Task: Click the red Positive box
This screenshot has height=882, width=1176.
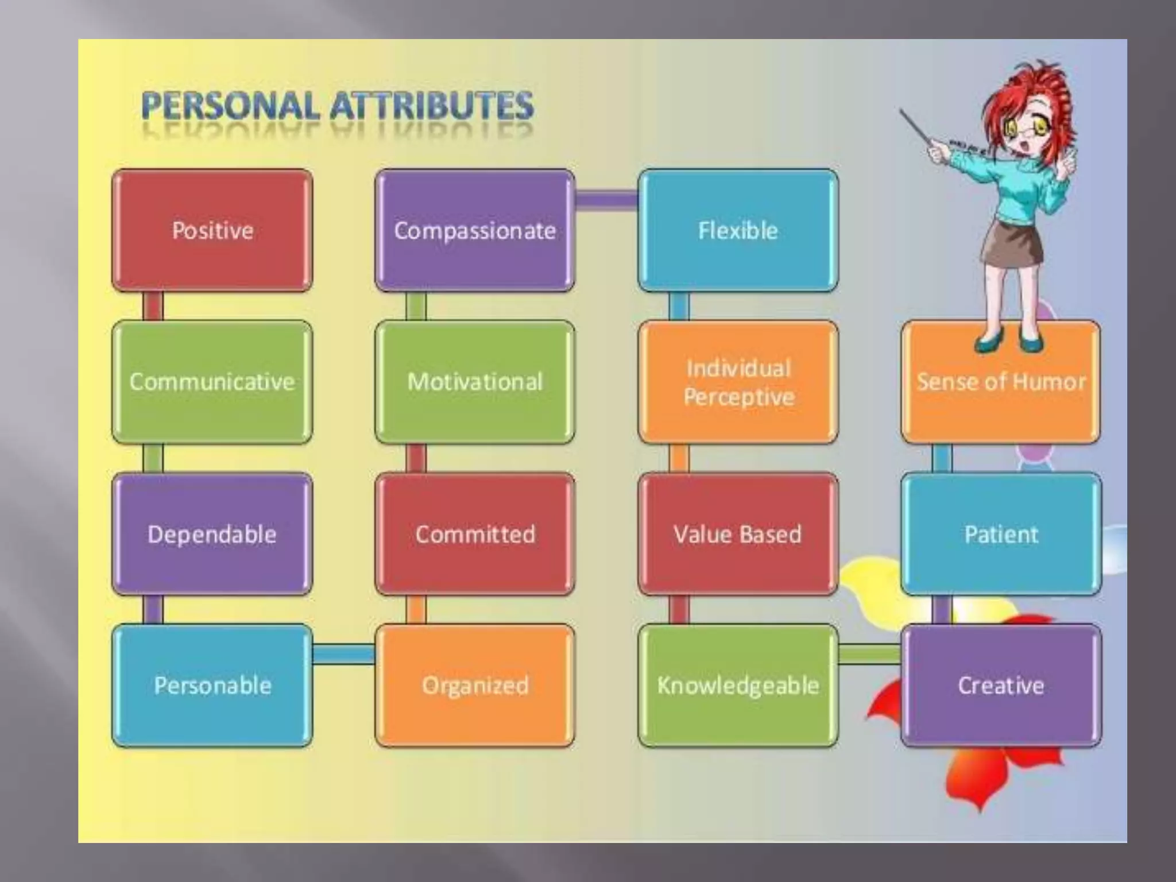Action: coord(212,230)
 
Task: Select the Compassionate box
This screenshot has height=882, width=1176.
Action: coord(475,230)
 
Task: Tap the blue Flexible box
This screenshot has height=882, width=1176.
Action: coord(738,230)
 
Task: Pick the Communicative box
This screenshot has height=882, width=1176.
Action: coord(212,382)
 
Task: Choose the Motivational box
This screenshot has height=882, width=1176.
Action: coord(475,382)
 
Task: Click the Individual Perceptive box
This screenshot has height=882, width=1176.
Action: coord(738,382)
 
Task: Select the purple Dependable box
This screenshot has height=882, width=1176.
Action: coord(212,534)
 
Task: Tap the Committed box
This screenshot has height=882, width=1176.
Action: coord(475,534)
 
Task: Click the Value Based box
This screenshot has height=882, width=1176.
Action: coord(738,534)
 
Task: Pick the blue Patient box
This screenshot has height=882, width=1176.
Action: coord(1001,534)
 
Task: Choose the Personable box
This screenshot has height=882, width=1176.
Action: coord(212,686)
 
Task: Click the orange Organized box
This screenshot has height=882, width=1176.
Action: coord(475,686)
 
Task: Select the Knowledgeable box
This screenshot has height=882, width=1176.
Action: coord(738,686)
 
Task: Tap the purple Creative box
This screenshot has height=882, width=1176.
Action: coord(1001,686)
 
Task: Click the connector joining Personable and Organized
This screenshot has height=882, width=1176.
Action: coord(343,653)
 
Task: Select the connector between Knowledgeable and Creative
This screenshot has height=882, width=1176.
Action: coord(869,653)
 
